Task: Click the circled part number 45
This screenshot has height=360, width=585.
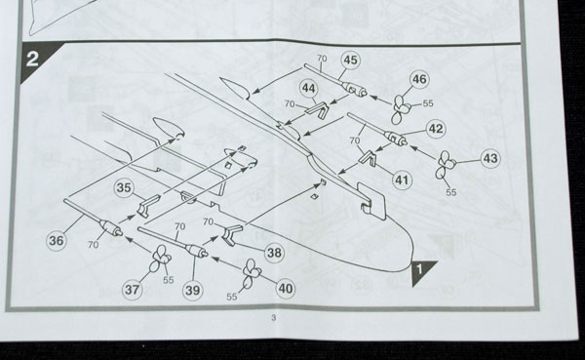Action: click(x=350, y=60)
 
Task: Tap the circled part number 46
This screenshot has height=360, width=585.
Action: click(x=419, y=79)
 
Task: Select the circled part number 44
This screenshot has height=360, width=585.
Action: click(x=308, y=89)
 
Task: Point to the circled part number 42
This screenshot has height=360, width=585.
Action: click(x=436, y=129)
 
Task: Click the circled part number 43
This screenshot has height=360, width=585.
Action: click(x=490, y=158)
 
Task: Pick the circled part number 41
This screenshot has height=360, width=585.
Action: click(x=402, y=180)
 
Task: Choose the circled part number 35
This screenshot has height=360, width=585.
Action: click(x=124, y=188)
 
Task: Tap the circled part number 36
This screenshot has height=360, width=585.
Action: click(x=57, y=241)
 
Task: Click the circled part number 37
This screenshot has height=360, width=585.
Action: click(x=132, y=290)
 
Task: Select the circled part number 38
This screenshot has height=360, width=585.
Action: click(x=274, y=253)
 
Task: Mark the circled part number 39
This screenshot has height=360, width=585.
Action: click(x=192, y=290)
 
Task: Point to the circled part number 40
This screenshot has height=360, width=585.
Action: click(x=286, y=289)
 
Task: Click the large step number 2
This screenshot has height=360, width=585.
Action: click(x=32, y=59)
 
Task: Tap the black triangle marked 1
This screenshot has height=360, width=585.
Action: click(x=421, y=271)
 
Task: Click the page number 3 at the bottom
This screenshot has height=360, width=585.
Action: click(x=274, y=318)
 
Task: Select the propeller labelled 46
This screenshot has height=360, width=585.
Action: click(x=401, y=109)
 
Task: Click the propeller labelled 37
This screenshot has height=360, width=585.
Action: click(x=160, y=259)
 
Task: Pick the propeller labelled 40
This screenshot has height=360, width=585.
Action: click(x=252, y=275)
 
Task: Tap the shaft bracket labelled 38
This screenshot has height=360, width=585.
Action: click(x=232, y=235)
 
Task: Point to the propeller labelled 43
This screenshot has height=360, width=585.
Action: click(x=446, y=164)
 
